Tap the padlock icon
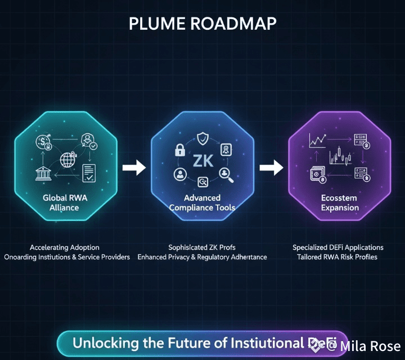180,150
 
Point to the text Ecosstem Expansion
340,202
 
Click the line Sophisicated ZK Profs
202,247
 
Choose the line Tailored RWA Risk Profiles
337,257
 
